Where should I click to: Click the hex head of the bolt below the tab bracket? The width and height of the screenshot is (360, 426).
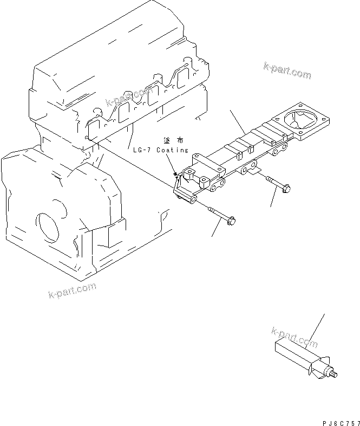[284, 189]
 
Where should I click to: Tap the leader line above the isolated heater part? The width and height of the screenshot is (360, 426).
[317, 331]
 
